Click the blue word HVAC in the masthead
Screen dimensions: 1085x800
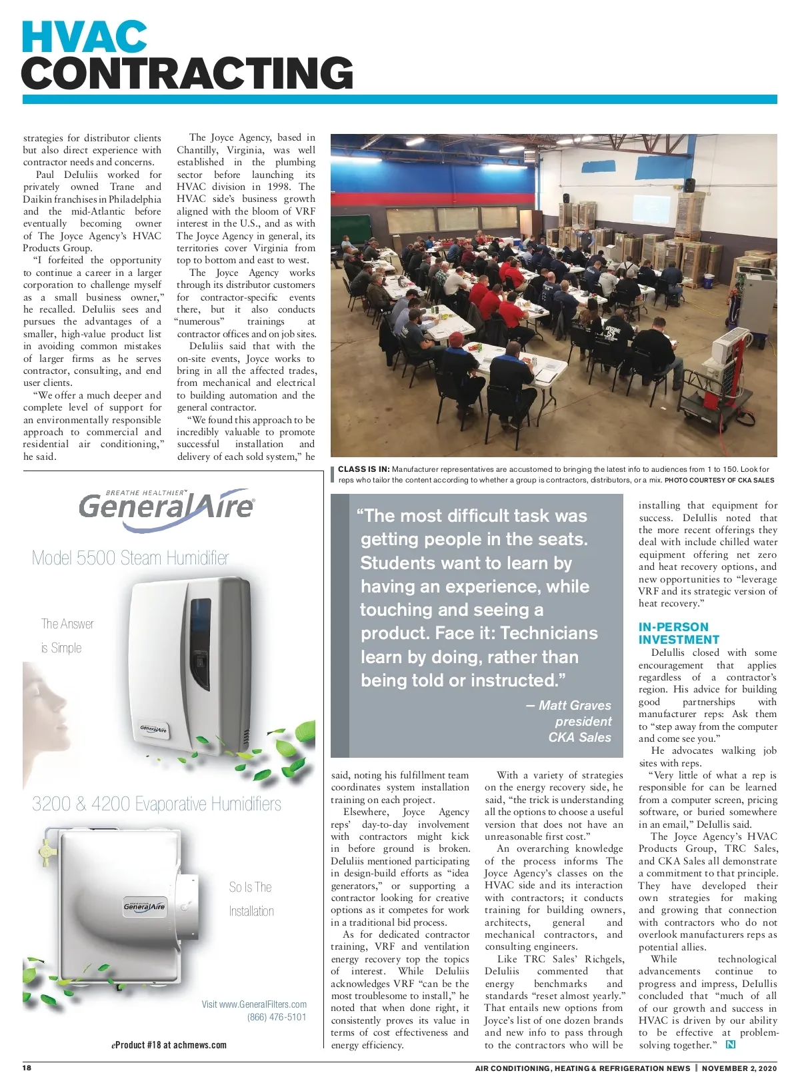[85, 38]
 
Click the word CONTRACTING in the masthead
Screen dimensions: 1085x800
[187, 73]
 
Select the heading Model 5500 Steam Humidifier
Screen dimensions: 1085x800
[131, 558]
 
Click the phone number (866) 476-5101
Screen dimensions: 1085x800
[277, 1017]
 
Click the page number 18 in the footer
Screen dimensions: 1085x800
[27, 1068]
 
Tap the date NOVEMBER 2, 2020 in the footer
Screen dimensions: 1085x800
[739, 1068]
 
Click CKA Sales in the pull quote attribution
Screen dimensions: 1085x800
[579, 737]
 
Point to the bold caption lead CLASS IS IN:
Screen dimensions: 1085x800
[363, 469]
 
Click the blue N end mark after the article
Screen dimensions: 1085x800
[731, 1044]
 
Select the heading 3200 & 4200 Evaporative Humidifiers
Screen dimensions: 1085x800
[157, 804]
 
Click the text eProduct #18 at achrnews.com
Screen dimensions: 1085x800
[169, 1045]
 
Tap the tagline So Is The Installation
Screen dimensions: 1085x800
[251, 899]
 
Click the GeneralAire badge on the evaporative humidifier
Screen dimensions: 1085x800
[144, 906]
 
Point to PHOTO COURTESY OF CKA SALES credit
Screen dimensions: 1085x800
[719, 480]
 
